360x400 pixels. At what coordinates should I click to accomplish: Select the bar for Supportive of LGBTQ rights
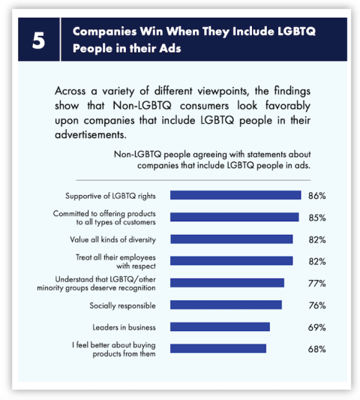235,195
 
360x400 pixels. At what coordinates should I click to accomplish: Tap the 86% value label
316,195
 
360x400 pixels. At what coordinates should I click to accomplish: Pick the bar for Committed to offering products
234,217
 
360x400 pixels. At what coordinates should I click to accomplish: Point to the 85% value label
316,218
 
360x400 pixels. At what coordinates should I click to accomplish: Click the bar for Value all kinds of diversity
231,239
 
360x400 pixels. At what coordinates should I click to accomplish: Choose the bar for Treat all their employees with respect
231,261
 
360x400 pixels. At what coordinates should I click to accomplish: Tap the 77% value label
316,283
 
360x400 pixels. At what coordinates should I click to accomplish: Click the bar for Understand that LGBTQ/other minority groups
227,283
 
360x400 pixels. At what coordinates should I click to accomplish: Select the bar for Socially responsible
226,305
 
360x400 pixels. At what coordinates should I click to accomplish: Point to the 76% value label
316,305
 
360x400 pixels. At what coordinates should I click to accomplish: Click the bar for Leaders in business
220,327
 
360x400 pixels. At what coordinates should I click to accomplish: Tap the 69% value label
316,327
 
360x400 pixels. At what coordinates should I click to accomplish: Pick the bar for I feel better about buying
218,348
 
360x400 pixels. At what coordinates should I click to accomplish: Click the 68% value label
316,349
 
